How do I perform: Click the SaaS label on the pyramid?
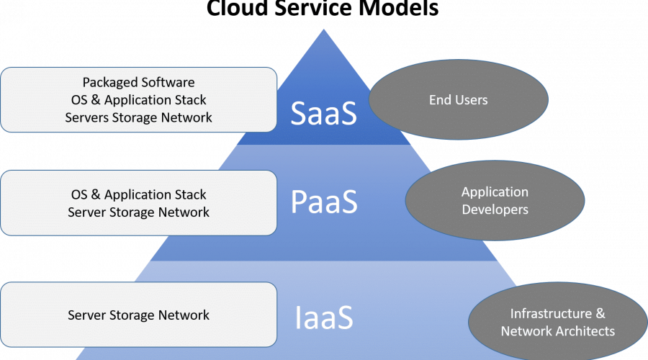(324, 114)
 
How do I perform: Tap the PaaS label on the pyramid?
(324, 202)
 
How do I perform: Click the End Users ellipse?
(459, 99)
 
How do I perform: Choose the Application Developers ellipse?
(495, 201)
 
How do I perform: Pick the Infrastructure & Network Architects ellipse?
(557, 322)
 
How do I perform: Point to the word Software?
(170, 83)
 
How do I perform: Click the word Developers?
(495, 210)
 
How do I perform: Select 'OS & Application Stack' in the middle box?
(139, 194)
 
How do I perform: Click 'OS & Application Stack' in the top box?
(139, 100)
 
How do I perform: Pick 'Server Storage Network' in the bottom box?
(139, 315)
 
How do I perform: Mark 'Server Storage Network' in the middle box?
(139, 212)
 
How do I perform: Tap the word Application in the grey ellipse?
(495, 192)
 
